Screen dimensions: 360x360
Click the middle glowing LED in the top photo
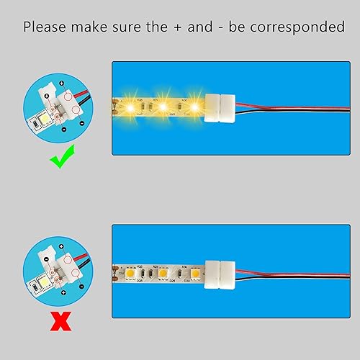click(163, 107)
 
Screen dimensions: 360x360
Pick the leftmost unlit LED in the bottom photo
click(134, 274)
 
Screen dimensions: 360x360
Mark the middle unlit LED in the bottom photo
click(163, 274)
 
